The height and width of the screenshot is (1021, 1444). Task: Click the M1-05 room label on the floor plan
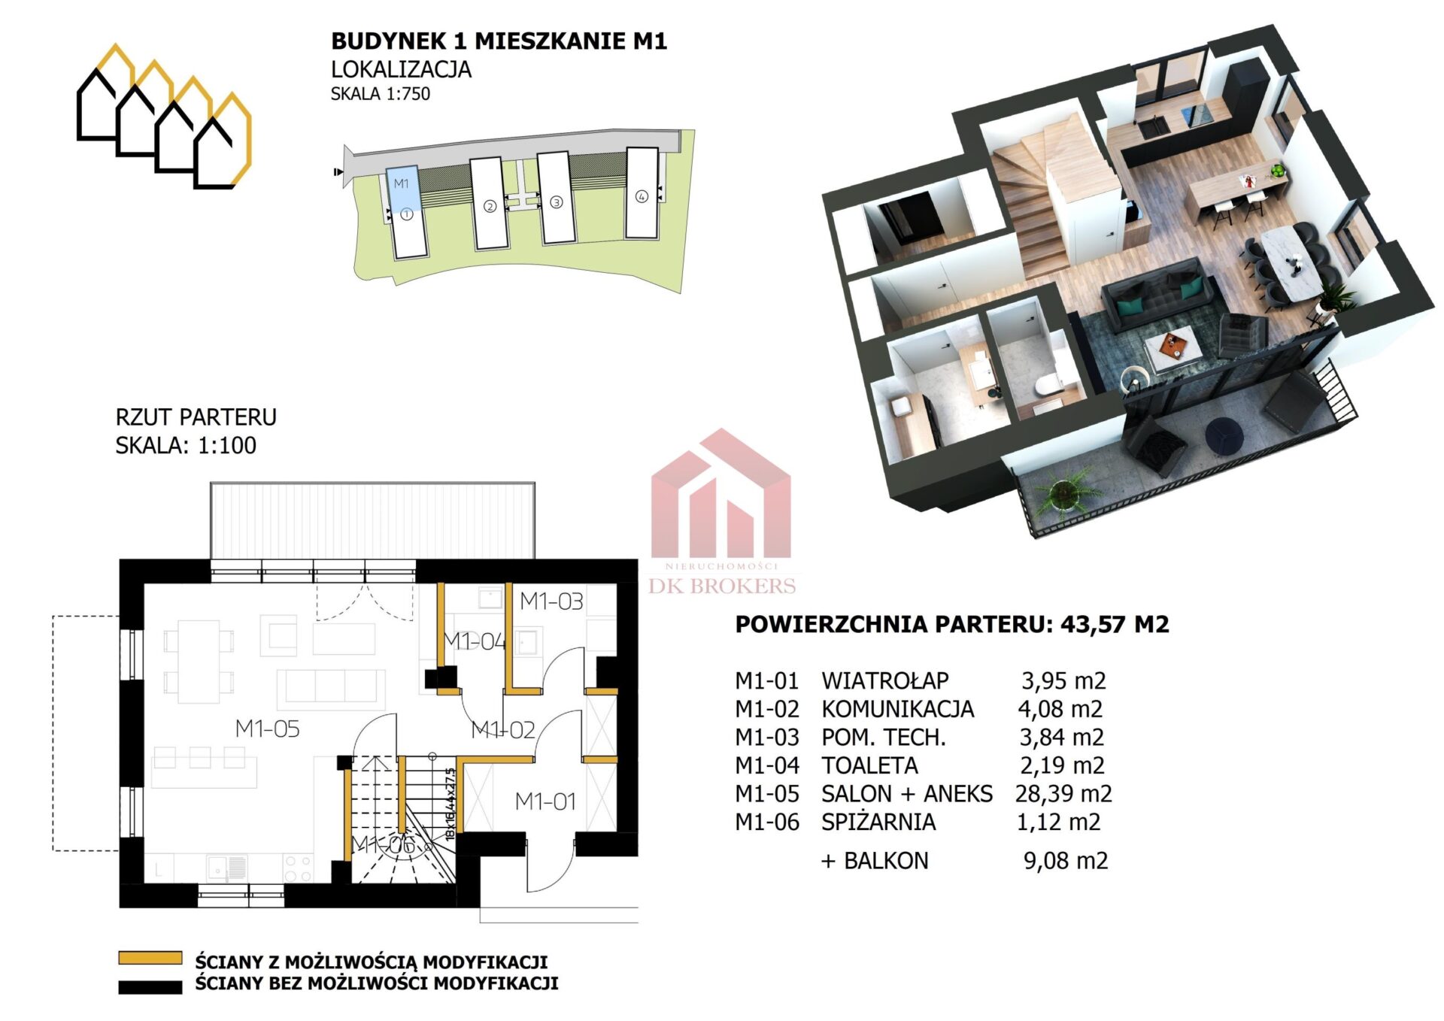click(267, 729)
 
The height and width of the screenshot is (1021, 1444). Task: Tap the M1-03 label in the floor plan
click(551, 601)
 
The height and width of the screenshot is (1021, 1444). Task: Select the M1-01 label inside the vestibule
click(545, 802)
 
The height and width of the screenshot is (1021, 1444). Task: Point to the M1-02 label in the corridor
click(502, 730)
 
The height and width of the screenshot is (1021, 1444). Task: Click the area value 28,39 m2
click(1063, 794)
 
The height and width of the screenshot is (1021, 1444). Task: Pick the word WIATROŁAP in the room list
click(885, 681)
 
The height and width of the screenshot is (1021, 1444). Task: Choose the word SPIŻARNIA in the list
click(878, 823)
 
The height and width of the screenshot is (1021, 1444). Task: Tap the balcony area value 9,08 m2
click(1066, 861)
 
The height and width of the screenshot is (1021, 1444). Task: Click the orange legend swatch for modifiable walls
click(150, 959)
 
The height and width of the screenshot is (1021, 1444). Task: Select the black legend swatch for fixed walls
click(150, 987)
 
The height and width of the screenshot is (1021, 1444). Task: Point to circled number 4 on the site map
click(642, 197)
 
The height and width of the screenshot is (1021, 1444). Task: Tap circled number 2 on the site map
click(490, 206)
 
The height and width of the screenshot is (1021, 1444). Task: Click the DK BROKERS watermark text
click(722, 586)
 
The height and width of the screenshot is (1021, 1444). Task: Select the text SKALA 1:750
click(381, 94)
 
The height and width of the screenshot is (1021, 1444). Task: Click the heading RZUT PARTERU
click(196, 417)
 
